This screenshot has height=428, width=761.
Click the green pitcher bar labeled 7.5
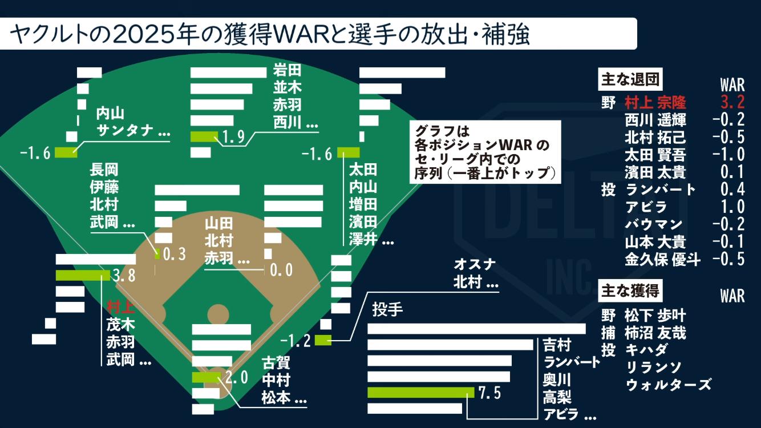pos(421,393)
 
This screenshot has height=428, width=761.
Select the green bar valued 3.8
pos(83,276)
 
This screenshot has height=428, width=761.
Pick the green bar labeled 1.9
pos(204,136)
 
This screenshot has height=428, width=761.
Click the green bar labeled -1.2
pos(322,341)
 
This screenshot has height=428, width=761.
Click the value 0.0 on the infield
pos(281,269)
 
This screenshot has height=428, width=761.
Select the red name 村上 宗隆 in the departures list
pos(655,102)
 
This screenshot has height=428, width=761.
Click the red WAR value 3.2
pos(732,102)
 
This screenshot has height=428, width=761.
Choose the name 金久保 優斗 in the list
pos(662,259)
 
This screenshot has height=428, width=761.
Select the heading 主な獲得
pos(630,290)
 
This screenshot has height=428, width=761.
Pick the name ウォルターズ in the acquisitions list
pos(669,384)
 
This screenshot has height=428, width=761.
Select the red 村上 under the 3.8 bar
pos(120,308)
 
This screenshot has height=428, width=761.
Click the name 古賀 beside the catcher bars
pos(276,362)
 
